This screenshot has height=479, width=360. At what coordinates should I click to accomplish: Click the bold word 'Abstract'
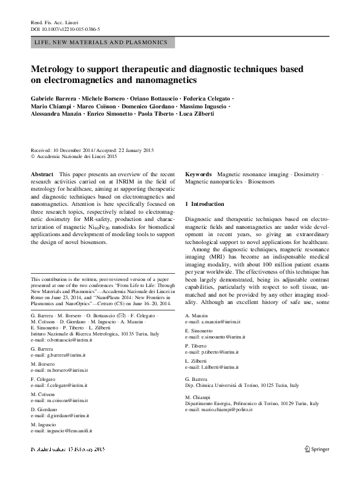41,174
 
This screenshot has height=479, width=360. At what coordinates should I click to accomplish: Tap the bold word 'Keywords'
198,174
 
